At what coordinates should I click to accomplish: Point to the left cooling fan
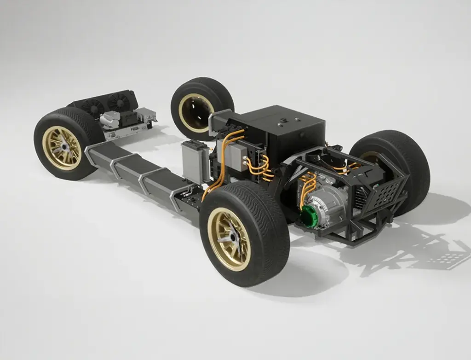click(93, 107)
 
